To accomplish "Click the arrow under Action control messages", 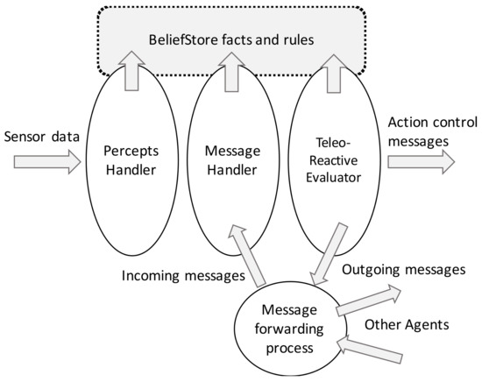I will tap(421, 161).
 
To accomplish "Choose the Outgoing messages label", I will tap(403, 270).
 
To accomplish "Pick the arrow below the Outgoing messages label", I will tap(369, 299).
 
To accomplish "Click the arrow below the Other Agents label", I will tap(372, 350).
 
